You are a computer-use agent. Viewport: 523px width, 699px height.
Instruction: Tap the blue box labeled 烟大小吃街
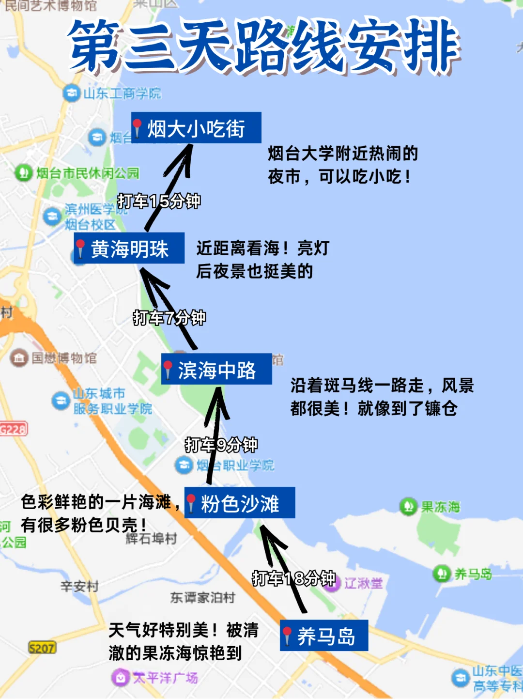[196, 128]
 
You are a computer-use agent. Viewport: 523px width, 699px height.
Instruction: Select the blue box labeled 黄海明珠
[129, 249]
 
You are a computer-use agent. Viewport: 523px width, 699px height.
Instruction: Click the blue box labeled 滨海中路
[216, 370]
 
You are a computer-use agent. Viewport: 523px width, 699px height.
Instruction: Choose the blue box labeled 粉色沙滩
[240, 503]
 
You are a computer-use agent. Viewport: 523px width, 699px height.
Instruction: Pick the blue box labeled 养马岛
[324, 636]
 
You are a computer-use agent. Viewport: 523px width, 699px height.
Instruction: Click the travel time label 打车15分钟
[159, 201]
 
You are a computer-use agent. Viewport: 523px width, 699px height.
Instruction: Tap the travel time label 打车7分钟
[169, 318]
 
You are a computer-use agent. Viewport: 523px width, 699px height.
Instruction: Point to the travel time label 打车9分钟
[221, 444]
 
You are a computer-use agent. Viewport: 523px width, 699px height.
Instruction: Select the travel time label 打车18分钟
[293, 578]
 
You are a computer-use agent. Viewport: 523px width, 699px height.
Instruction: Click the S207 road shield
[42, 648]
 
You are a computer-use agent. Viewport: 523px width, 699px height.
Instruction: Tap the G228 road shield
[14, 429]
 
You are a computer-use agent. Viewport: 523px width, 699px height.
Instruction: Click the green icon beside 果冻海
[408, 507]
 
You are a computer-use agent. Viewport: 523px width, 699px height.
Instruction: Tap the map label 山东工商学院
[122, 93]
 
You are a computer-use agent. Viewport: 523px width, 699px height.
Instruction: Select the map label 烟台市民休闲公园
[88, 172]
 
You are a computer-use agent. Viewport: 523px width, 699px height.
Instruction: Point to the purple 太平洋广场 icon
[119, 677]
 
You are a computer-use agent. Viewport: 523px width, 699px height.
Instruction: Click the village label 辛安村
[79, 586]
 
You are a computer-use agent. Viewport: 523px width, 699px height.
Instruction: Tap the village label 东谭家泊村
[202, 597]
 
